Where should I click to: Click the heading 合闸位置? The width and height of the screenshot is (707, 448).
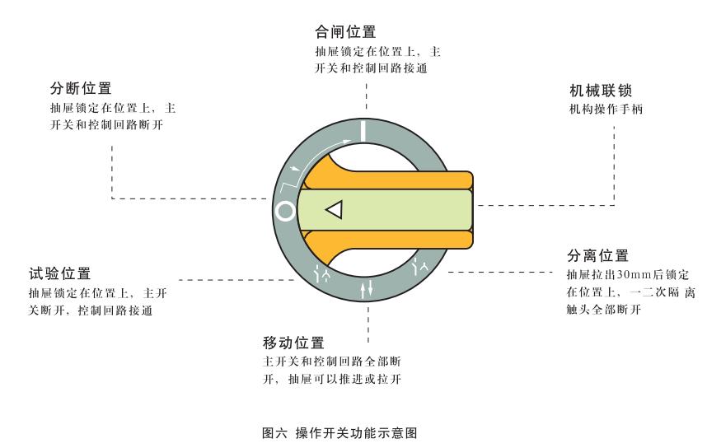click(345, 33)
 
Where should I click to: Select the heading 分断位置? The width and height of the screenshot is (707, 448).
click(81, 89)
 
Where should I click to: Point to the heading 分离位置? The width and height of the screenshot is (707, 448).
click(598, 256)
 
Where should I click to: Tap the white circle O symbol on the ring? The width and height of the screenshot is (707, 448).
click(285, 211)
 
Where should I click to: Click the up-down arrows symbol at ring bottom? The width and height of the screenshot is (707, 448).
click(366, 289)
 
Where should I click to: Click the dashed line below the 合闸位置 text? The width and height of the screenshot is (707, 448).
click(365, 99)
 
